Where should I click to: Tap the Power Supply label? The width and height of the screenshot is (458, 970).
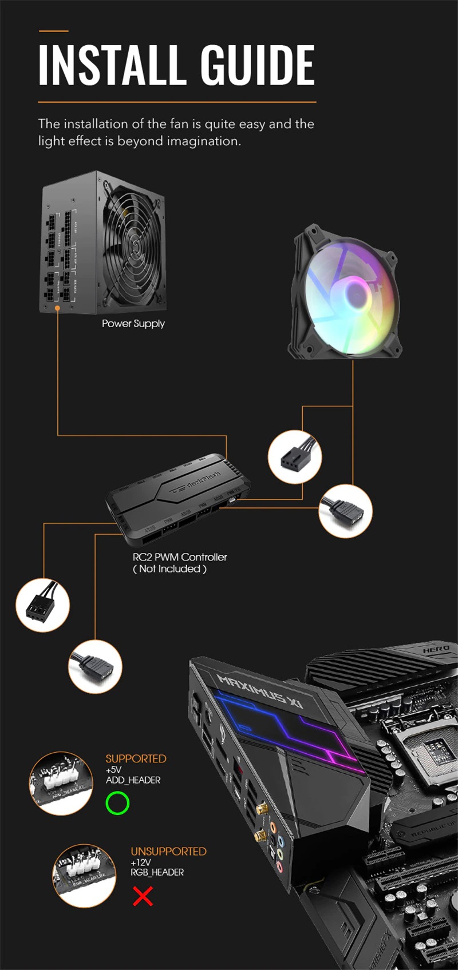133,324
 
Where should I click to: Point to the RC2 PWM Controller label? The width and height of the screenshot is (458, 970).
180,557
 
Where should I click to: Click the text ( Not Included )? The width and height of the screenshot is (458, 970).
169,569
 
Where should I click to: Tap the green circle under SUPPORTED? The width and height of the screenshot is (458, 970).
117,803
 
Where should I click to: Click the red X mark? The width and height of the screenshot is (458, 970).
143,896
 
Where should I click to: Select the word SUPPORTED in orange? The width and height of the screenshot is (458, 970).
136,759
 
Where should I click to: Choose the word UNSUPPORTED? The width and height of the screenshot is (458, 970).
168,852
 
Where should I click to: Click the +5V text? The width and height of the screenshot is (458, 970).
113,770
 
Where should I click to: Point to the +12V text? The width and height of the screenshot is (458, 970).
141,862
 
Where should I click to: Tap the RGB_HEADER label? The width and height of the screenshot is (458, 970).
157,873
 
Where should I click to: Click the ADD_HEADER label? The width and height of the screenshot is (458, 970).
133,780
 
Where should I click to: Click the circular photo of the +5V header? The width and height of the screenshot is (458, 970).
61,783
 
